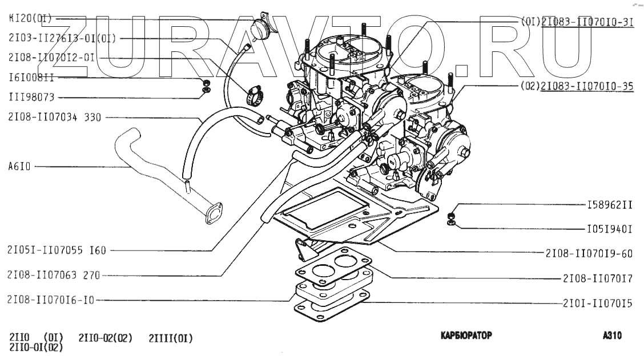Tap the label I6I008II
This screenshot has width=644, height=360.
[x=31, y=77]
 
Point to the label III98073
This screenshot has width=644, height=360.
[x=31, y=97]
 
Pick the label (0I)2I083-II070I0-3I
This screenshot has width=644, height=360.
[x=577, y=22]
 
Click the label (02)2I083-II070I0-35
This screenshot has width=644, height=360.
[x=577, y=87]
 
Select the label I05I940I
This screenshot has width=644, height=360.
[x=609, y=229]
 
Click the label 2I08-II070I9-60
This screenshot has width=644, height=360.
[x=589, y=253]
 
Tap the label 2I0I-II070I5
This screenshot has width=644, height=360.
[x=597, y=304]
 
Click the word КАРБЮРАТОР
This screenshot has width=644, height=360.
[x=466, y=336]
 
